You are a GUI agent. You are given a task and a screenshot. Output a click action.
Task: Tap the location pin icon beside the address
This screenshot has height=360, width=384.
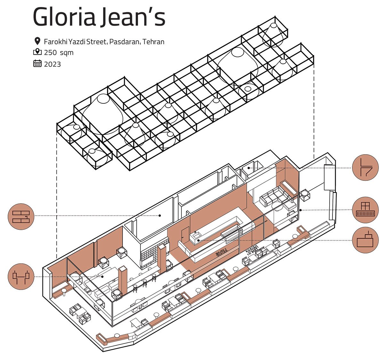(37, 41)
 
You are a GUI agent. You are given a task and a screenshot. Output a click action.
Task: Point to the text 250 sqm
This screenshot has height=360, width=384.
(59, 52)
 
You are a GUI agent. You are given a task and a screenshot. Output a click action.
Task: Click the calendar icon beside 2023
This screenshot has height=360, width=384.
(37, 63)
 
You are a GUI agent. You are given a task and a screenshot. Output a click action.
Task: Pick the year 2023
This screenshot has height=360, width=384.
(52, 64)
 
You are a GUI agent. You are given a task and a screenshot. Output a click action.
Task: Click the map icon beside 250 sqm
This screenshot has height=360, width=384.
(37, 52)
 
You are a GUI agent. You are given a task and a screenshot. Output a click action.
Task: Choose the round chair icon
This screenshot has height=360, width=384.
(365, 168)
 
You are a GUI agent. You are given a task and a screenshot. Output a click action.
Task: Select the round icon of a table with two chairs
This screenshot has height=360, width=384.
(21, 276)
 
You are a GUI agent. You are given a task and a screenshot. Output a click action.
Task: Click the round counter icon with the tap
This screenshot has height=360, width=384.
(365, 240)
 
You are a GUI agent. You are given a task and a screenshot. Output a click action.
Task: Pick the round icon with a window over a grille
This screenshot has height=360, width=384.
(365, 210)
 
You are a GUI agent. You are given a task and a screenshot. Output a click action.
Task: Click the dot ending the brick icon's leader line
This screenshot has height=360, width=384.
(159, 216)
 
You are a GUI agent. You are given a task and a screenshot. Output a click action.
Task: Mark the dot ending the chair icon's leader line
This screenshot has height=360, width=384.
(249, 168)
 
